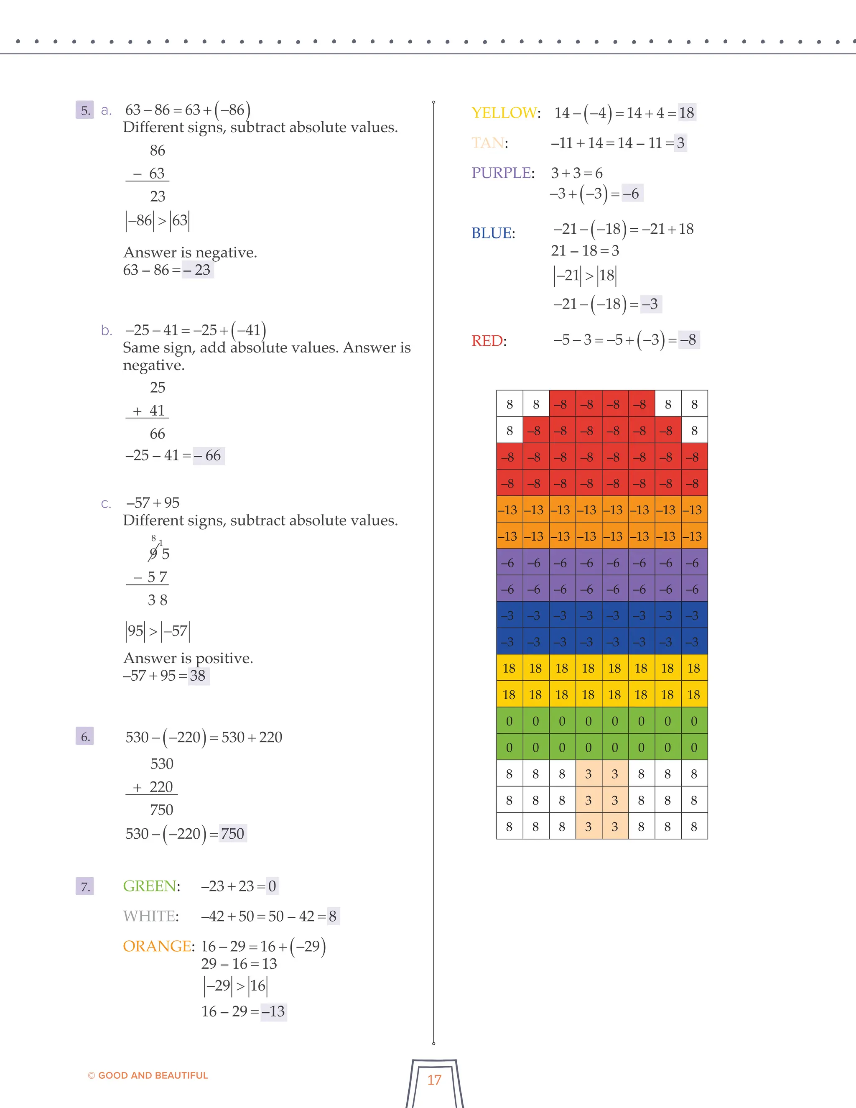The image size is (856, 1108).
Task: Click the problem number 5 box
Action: tap(85, 110)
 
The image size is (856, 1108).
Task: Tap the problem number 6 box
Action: tap(85, 737)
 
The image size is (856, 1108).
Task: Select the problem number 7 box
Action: tap(85, 886)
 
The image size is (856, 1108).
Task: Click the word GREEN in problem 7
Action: tap(150, 886)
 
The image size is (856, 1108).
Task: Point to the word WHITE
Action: tap(150, 916)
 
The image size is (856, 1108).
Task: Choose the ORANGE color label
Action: tap(157, 946)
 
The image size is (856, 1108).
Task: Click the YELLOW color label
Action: tap(504, 112)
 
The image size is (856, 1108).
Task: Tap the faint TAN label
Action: tap(488, 143)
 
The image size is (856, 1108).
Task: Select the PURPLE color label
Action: tap(502, 173)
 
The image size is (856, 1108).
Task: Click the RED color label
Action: tap(487, 340)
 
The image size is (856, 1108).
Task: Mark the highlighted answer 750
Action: tap(233, 834)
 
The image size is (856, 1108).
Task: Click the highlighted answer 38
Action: tap(198, 675)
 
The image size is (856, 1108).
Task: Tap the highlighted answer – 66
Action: tap(209, 455)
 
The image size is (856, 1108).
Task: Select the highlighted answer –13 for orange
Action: tap(273, 1011)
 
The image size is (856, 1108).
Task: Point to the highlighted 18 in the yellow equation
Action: tap(687, 112)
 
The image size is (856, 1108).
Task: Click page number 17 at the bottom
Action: tap(434, 1080)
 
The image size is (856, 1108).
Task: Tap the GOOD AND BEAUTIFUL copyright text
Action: tap(148, 1075)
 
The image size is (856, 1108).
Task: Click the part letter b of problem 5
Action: tap(106, 330)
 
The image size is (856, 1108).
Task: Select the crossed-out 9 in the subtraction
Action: tap(153, 554)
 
